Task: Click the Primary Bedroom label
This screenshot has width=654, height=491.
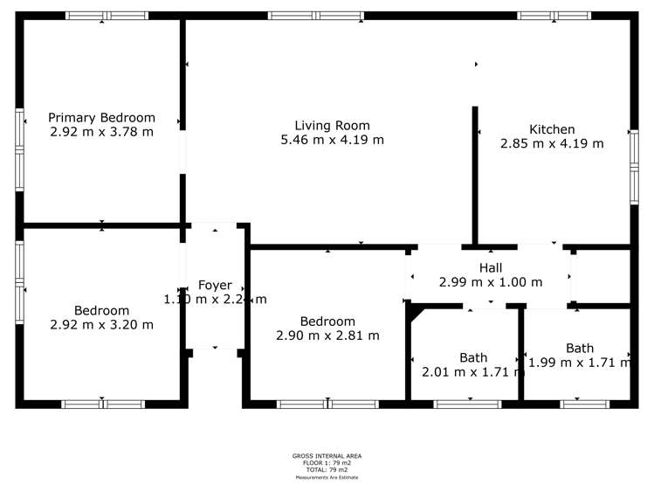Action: [x=101, y=118]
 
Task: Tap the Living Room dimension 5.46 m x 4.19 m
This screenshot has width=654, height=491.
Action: [x=332, y=140]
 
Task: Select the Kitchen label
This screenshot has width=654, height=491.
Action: [x=552, y=129]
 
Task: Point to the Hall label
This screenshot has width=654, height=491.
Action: [x=490, y=267]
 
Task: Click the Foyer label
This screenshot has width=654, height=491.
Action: [x=215, y=285]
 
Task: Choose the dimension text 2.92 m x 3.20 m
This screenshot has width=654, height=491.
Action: [x=101, y=325]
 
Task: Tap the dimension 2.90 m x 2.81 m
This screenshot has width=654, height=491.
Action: [x=327, y=335]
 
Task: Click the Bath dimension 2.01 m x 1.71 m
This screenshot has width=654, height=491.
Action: [x=473, y=372]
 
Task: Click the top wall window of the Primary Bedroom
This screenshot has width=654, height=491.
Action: [x=107, y=16]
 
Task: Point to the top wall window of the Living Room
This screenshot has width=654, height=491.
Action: [x=315, y=16]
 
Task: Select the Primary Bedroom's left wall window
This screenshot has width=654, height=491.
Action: [x=19, y=149]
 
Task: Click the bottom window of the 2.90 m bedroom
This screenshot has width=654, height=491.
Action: [x=327, y=404]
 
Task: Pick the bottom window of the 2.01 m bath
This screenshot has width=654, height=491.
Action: [x=467, y=404]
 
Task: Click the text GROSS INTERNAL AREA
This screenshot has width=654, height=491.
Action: [x=327, y=456]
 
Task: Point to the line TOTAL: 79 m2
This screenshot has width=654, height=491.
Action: [x=327, y=470]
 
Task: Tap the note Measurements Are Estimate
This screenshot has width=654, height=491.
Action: [x=327, y=477]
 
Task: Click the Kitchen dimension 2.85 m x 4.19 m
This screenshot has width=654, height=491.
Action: [x=552, y=144]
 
